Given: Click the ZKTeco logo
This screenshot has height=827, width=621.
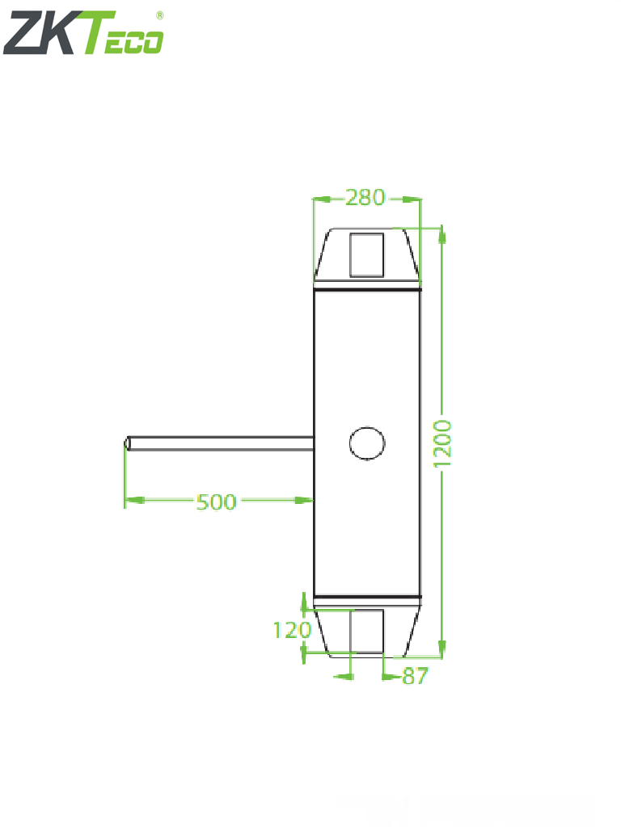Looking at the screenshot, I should (83, 35).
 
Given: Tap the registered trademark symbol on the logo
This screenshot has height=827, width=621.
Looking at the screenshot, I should (158, 15).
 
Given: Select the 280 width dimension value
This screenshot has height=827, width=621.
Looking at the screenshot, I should (365, 197).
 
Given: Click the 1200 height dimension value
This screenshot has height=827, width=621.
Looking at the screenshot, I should (444, 442).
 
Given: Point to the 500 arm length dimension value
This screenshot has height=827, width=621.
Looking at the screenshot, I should (216, 502).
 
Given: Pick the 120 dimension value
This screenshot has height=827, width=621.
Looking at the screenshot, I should (291, 630).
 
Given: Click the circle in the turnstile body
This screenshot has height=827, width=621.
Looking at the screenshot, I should (366, 442).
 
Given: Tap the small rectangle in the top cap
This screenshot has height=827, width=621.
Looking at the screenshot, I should (366, 253).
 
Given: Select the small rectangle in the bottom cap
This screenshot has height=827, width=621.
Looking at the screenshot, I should (366, 631).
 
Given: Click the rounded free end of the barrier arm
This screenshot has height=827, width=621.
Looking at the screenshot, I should (127, 443).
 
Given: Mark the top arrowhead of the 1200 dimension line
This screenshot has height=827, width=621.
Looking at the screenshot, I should (442, 234).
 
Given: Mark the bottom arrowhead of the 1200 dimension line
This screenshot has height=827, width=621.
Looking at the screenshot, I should (442, 648).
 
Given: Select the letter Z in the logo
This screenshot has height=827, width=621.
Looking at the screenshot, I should (24, 35).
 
